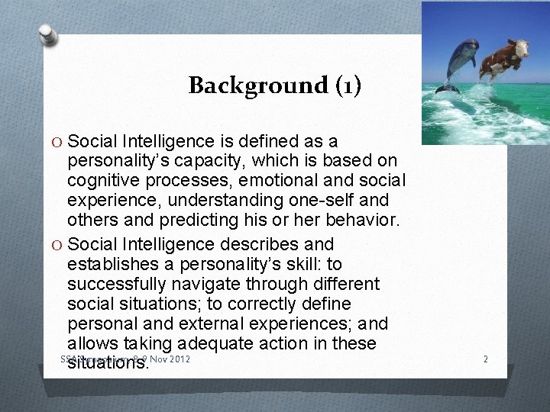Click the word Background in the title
coord(245,85)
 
